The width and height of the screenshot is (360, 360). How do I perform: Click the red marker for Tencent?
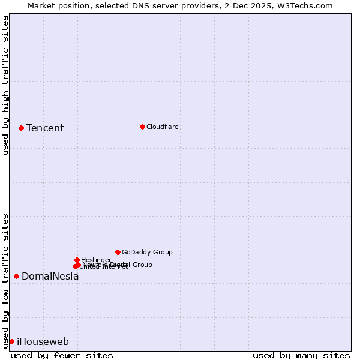pos(21,128)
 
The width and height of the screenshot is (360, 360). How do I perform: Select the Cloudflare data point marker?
pos(142,127)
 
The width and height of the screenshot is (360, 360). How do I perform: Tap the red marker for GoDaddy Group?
pos(118,252)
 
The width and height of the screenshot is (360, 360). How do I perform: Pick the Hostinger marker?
pos(77,260)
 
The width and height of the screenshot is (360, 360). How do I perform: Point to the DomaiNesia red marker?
pos(16,276)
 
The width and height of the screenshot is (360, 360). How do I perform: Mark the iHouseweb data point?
pos(11,341)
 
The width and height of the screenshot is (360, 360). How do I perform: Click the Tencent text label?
pos(45,128)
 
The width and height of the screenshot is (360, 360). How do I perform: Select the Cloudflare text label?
pos(162,127)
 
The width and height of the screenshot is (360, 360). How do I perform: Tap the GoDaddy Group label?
pos(147,252)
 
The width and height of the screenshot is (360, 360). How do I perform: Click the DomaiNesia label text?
pos(50,277)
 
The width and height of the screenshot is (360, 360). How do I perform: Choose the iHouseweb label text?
pos(43,342)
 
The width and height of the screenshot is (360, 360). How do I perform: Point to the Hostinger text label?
pos(96,260)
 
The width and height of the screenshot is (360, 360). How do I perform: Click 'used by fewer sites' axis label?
pos(62,355)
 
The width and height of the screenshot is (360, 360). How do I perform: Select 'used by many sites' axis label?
pos(301,355)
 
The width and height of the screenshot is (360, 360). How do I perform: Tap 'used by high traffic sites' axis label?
pos(6,86)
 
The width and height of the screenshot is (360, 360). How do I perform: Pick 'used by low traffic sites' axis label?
pos(6,280)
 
